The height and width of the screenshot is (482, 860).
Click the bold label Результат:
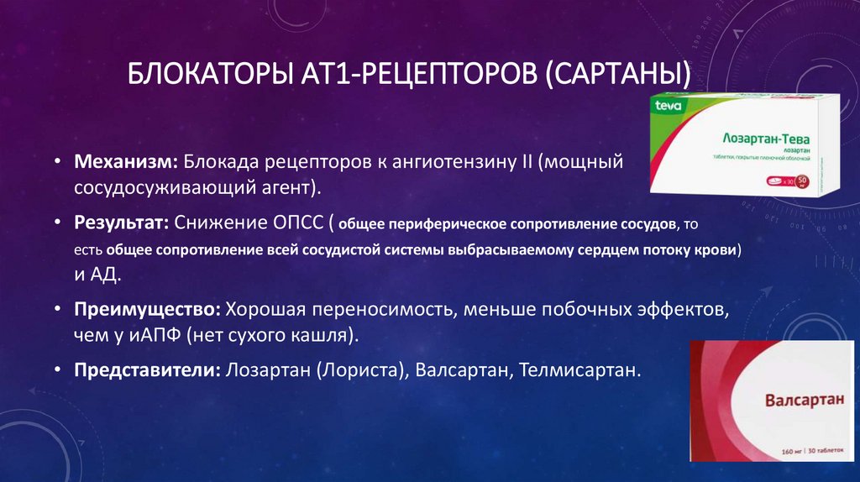coord(123,223)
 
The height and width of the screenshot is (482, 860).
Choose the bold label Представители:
coord(146,369)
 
